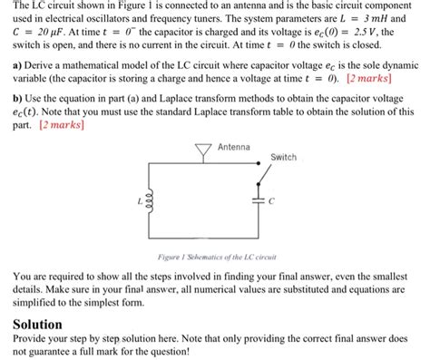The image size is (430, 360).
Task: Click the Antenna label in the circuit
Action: [x=234, y=147]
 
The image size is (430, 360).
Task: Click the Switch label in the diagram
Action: [x=284, y=157]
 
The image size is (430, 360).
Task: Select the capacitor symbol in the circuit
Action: [x=257, y=199]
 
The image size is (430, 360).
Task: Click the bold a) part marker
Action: [x=18, y=66]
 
